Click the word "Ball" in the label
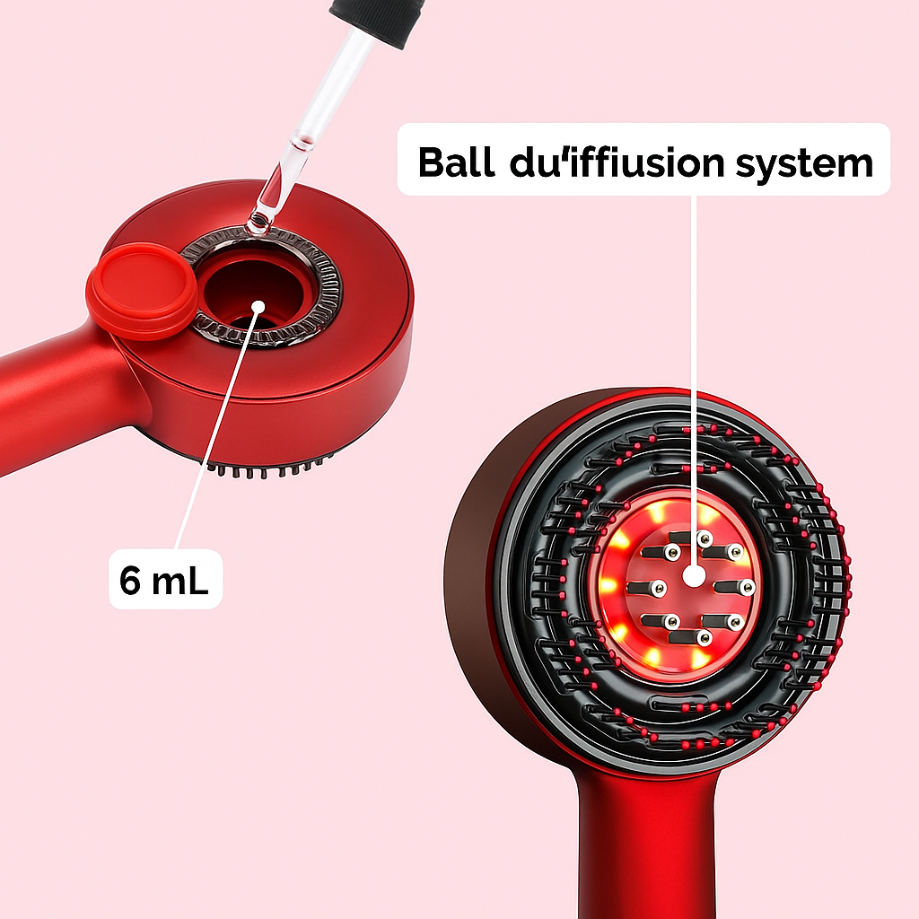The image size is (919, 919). point(457,163)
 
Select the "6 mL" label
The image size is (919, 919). point(164,579)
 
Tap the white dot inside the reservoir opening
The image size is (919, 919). point(258,306)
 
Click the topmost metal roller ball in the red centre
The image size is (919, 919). point(704,538)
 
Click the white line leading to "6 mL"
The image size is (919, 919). point(215,431)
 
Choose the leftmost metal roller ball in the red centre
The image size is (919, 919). point(658,588)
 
